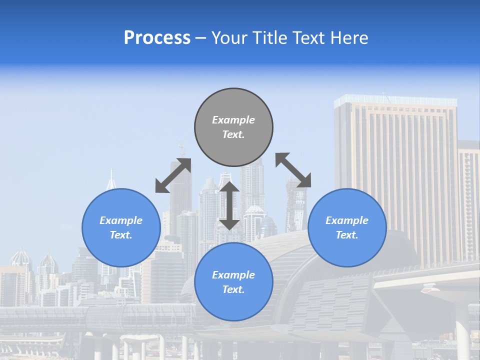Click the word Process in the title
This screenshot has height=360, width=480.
point(157,38)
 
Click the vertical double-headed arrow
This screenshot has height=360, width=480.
point(229,205)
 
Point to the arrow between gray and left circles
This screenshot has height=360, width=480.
point(173,175)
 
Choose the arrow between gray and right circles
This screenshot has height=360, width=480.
point(293,170)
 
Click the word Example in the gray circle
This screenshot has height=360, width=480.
point(233,120)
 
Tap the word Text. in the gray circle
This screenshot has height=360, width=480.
point(233,134)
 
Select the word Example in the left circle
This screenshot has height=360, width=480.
point(121,220)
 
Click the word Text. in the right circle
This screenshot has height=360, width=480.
point(347,235)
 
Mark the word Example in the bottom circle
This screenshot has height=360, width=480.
point(233,275)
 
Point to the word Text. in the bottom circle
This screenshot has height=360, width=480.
point(233,289)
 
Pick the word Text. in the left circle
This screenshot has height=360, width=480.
point(121,235)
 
